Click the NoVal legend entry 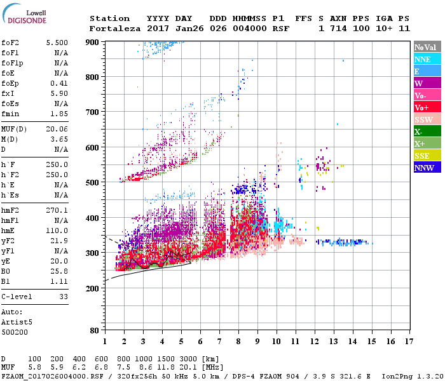point(425,47)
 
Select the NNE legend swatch point(425,59)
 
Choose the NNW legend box point(425,168)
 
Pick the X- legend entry point(425,131)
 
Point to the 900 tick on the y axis point(93,42)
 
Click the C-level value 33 point(63,296)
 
